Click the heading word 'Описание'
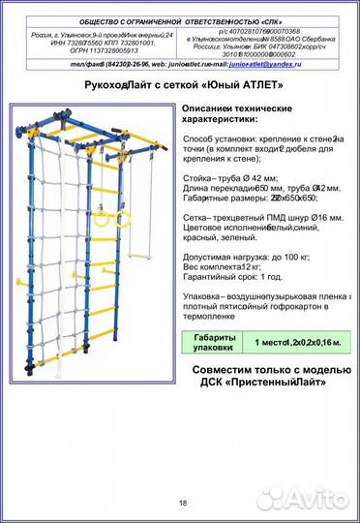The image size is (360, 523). tap(210, 107)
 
